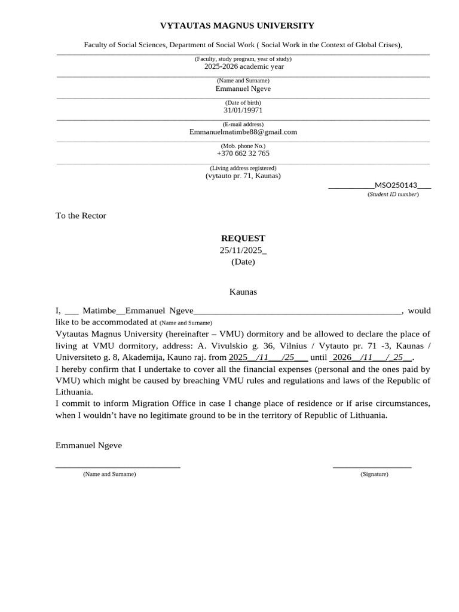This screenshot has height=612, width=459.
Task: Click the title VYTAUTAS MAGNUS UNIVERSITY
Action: [x=237, y=26]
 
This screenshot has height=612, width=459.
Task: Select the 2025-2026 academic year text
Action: [x=244, y=66]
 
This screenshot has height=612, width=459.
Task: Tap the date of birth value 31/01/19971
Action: [x=243, y=111]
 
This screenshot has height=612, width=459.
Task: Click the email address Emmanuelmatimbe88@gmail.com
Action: [x=243, y=132]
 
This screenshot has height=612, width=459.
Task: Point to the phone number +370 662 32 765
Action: [x=243, y=154]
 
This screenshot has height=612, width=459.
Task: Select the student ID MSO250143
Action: [x=395, y=185]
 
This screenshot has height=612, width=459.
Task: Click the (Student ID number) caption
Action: [x=393, y=194]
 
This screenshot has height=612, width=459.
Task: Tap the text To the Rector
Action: [x=81, y=216]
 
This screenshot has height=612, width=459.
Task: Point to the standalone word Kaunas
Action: [x=243, y=292]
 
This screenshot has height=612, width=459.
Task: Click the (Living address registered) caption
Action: [x=243, y=168]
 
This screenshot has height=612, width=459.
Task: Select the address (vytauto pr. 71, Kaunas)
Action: [x=243, y=176]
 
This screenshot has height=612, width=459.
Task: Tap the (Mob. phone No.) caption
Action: [x=243, y=146]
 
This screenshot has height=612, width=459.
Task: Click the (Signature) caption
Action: [x=374, y=474]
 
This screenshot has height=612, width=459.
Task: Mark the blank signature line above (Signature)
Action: [x=372, y=466]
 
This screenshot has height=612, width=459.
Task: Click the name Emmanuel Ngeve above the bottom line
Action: [x=88, y=446]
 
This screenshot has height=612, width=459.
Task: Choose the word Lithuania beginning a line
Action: [x=74, y=392]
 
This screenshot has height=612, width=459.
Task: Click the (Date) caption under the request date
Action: [x=243, y=262]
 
